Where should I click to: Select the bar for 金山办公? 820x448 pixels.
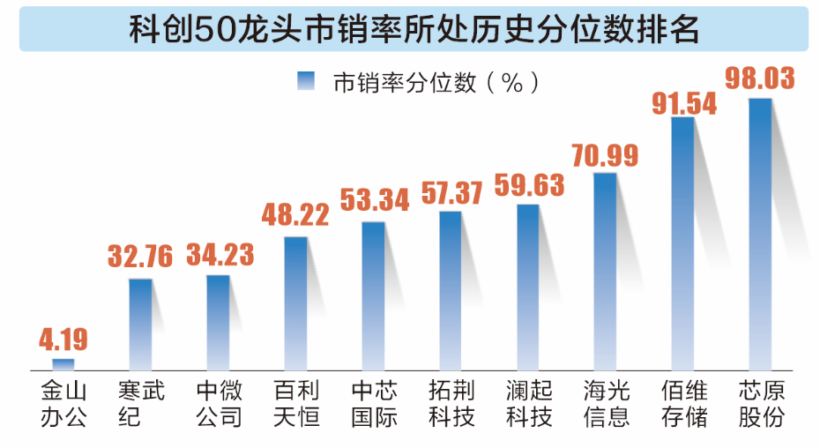coord(63,363)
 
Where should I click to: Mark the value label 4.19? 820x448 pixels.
coord(63,340)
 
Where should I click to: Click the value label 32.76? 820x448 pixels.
coord(141,258)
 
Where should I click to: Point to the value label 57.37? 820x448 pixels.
coord(451,191)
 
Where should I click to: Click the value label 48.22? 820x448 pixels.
coord(296,214)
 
